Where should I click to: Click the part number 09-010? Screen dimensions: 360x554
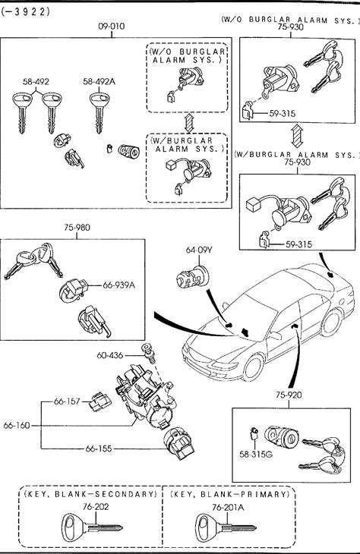point(112,26)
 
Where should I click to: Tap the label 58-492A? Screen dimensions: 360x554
point(99,82)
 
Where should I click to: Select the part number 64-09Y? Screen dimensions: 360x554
point(199,250)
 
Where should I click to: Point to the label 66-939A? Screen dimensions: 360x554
point(118,285)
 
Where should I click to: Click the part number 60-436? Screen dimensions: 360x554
point(110,355)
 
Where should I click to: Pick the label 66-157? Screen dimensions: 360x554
point(67,401)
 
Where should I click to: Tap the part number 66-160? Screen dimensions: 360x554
point(17,426)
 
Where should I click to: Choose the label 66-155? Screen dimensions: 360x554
point(99,449)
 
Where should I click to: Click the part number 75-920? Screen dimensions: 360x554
point(289,395)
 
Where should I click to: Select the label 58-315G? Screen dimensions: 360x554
point(256,455)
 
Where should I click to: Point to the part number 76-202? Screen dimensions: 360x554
point(96,507)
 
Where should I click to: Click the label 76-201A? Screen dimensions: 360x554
point(228,508)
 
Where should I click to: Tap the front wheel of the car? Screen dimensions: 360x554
point(252,367)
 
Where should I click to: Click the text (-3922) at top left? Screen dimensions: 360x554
point(26,12)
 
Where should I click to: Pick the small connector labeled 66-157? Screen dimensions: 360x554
point(100,401)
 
